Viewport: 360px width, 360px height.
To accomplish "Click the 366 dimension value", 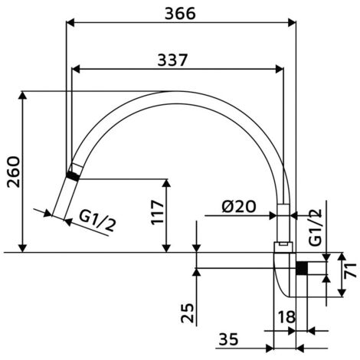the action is pos(180,13).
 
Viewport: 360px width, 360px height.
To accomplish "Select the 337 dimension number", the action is pos(172,60).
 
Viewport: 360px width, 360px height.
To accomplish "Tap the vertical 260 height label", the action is pos(13,172).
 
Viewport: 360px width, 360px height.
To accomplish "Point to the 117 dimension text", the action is pos(157,212).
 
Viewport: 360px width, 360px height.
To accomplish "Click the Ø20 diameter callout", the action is pos(239,206).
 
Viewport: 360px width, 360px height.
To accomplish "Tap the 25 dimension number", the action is pos(188,313).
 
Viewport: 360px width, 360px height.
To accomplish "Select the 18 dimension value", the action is pos(286,317).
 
